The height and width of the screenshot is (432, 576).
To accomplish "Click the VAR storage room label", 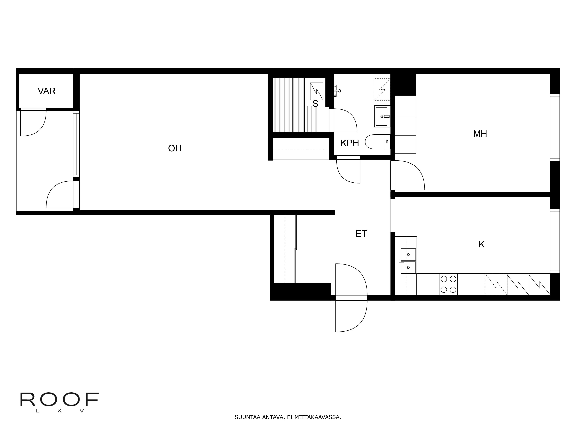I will click(47, 91).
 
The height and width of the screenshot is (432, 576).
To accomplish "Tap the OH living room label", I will click(175, 148).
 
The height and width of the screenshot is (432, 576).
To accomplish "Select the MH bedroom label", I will click(480, 134).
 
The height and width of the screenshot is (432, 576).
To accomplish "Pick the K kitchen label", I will click(482, 245).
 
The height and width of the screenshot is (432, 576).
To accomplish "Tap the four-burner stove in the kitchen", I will click(448, 284).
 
